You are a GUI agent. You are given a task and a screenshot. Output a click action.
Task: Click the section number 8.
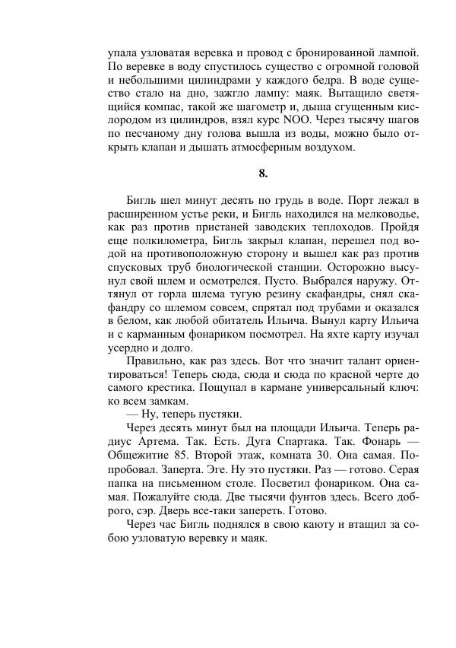[263, 173]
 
